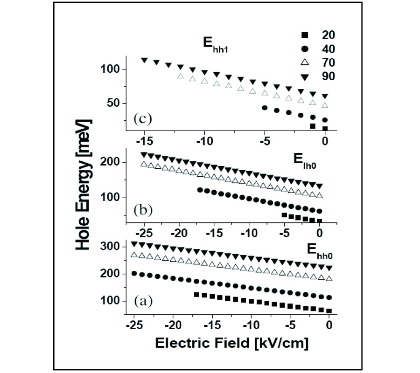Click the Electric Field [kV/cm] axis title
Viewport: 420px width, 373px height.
[231, 343]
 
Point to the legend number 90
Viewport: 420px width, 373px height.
[328, 76]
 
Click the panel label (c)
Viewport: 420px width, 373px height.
[141, 118]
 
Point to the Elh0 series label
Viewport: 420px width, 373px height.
[306, 159]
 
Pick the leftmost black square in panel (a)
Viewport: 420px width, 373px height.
[196, 295]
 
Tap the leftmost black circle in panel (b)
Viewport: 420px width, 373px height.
[200, 190]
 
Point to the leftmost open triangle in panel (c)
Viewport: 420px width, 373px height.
[181, 76]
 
